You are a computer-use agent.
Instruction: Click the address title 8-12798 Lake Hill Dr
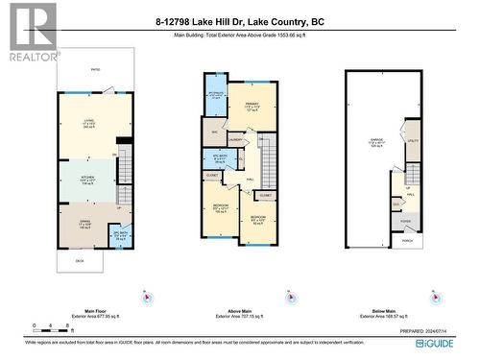[239, 19]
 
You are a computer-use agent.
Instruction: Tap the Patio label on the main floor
[94, 69]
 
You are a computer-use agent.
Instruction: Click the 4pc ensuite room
[216, 96]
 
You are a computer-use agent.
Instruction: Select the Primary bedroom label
[252, 108]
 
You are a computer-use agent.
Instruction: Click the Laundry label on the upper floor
[236, 141]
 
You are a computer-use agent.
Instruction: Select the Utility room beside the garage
[414, 140]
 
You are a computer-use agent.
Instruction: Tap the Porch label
[407, 240]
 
